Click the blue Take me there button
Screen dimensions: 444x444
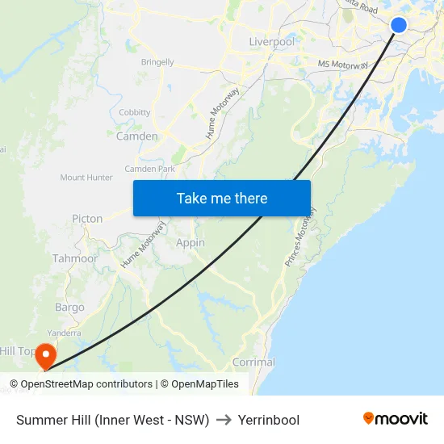(222, 198)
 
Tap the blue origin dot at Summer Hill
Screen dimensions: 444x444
(399, 24)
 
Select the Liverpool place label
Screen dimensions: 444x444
(272, 41)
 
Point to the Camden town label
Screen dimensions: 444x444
(137, 136)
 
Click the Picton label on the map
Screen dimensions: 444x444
(87, 219)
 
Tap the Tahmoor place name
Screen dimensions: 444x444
(75, 258)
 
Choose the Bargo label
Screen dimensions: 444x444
(69, 308)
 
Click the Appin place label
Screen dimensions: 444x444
(191, 242)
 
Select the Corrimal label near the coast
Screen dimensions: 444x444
(253, 362)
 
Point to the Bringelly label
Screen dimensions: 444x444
(157, 61)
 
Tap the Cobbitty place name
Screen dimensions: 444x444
(135, 112)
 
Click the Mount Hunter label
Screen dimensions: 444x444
(86, 178)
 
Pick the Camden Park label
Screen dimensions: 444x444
(149, 169)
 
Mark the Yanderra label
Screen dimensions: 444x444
(64, 333)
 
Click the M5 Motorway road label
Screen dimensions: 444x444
(343, 64)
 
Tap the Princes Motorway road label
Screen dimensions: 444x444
(300, 237)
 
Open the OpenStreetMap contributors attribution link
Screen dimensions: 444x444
(86, 384)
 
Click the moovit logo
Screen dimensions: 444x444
(396, 419)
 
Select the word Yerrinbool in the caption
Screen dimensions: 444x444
(270, 420)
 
